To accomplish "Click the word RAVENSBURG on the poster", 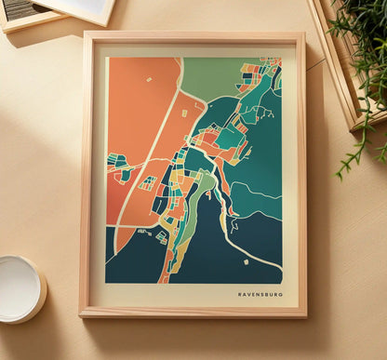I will [260, 294].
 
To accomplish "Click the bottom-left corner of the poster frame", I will [83, 313].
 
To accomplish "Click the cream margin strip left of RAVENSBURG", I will [167, 294].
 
